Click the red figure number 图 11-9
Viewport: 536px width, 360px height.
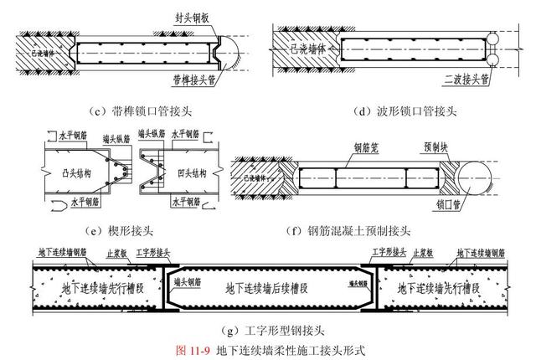[193, 347]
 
